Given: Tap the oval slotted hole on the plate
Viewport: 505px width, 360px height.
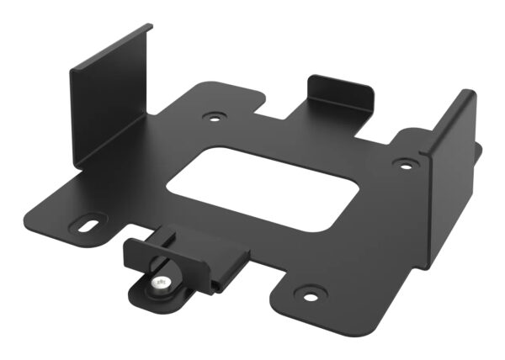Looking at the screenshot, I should [87, 225].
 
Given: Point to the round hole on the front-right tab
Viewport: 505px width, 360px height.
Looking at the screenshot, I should [311, 295].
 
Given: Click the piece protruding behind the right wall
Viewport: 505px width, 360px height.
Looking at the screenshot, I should [478, 151].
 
